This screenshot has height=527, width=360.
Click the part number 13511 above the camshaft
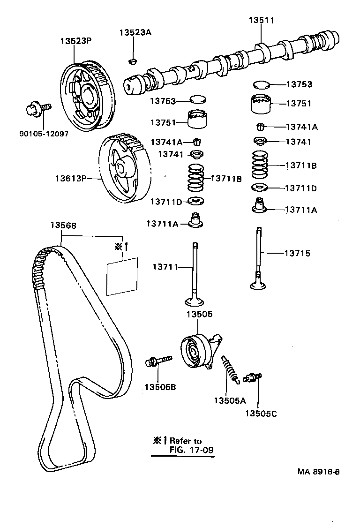(x=261, y=20)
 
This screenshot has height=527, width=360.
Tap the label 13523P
(x=76, y=41)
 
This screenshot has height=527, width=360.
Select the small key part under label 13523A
(x=133, y=61)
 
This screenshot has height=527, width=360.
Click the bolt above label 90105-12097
(x=38, y=108)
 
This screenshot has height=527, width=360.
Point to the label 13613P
(x=71, y=178)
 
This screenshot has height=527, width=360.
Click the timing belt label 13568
(x=63, y=225)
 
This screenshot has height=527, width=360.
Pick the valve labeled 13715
(x=258, y=258)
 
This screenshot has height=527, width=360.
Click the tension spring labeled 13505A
(x=230, y=370)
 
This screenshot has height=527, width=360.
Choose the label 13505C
(x=261, y=414)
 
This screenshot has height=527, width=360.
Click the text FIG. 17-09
(x=192, y=450)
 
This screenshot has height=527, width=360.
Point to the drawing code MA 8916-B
(x=319, y=472)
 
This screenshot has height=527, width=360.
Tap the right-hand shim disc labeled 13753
(x=261, y=84)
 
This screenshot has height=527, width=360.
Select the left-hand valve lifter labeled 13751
(x=197, y=119)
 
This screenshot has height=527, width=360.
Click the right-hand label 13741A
(x=302, y=127)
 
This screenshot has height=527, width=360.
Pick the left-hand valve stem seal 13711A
(x=195, y=220)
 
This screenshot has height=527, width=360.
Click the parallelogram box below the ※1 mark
(x=122, y=277)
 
